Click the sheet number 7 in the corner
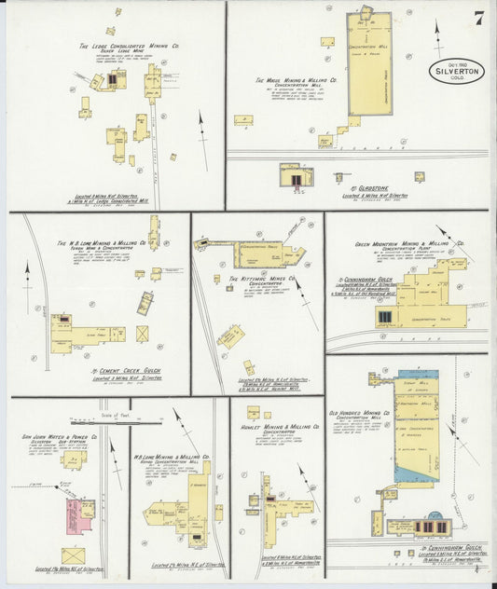477,17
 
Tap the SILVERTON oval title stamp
457,72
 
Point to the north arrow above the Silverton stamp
439,37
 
